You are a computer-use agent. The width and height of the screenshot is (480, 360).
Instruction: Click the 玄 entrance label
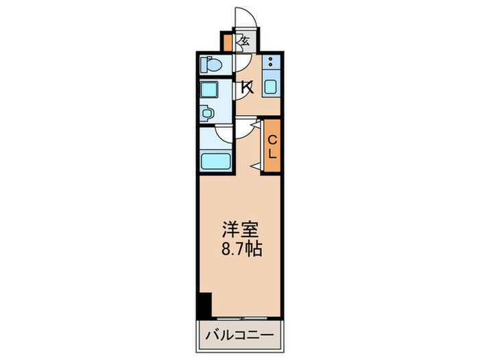point(244,41)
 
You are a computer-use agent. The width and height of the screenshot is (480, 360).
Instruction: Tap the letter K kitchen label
point(247,88)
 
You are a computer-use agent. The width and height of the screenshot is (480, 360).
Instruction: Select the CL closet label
point(272,145)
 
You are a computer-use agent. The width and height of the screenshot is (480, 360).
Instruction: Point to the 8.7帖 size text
point(241,248)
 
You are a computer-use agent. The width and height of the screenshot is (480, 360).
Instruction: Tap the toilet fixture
point(211,66)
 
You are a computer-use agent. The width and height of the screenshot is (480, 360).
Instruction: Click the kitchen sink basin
point(272,87)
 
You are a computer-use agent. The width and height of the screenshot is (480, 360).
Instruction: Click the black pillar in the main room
point(204,304)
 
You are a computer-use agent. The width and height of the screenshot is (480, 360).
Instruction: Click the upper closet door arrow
point(256,125)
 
